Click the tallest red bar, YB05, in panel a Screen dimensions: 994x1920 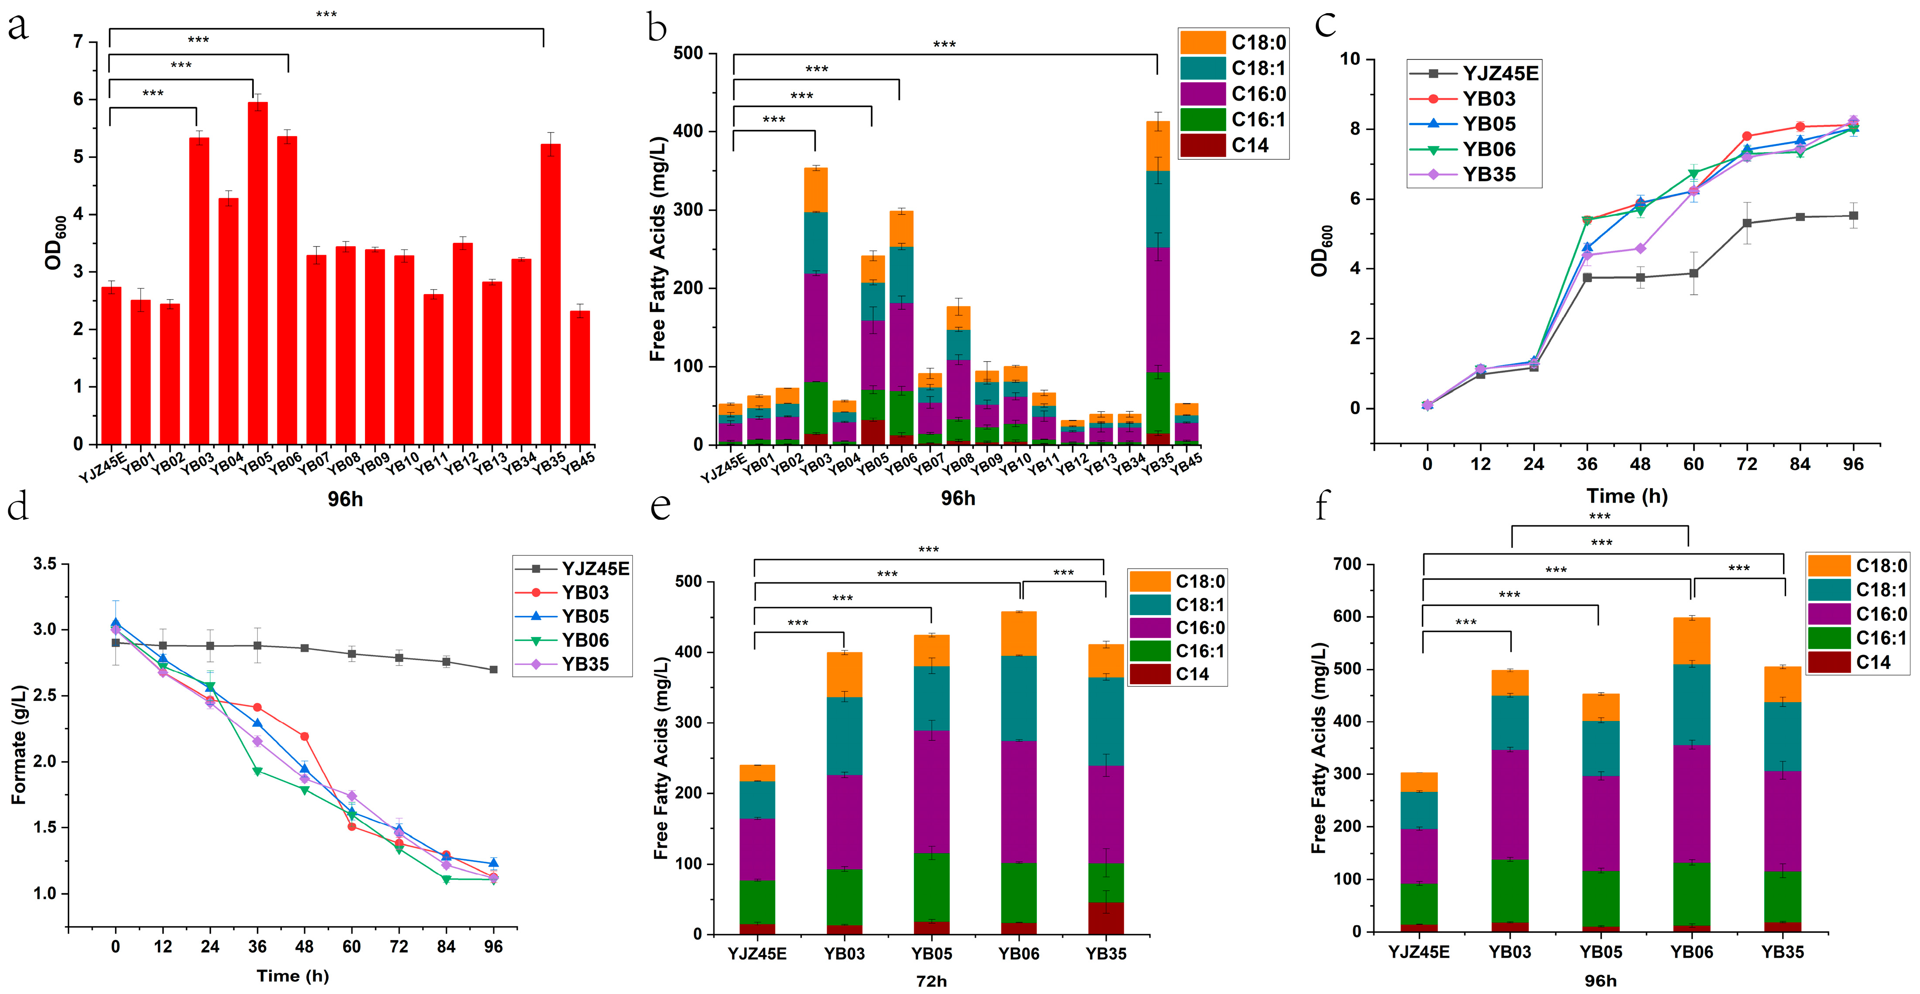pyautogui.click(x=258, y=273)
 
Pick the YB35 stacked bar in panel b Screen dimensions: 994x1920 pyautogui.click(x=1158, y=283)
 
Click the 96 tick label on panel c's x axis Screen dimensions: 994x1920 pyautogui.click(x=1853, y=464)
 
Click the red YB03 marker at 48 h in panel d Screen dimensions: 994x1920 pyautogui.click(x=304, y=736)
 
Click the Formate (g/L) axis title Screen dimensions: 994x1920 pyautogui.click(x=19, y=745)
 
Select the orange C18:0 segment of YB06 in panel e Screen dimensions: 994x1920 pyautogui.click(x=1019, y=633)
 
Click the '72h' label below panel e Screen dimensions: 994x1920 pyautogui.click(x=931, y=980)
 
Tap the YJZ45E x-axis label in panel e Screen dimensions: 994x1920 pyautogui.click(x=757, y=954)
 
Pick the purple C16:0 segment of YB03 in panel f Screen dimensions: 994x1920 pyautogui.click(x=1510, y=805)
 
